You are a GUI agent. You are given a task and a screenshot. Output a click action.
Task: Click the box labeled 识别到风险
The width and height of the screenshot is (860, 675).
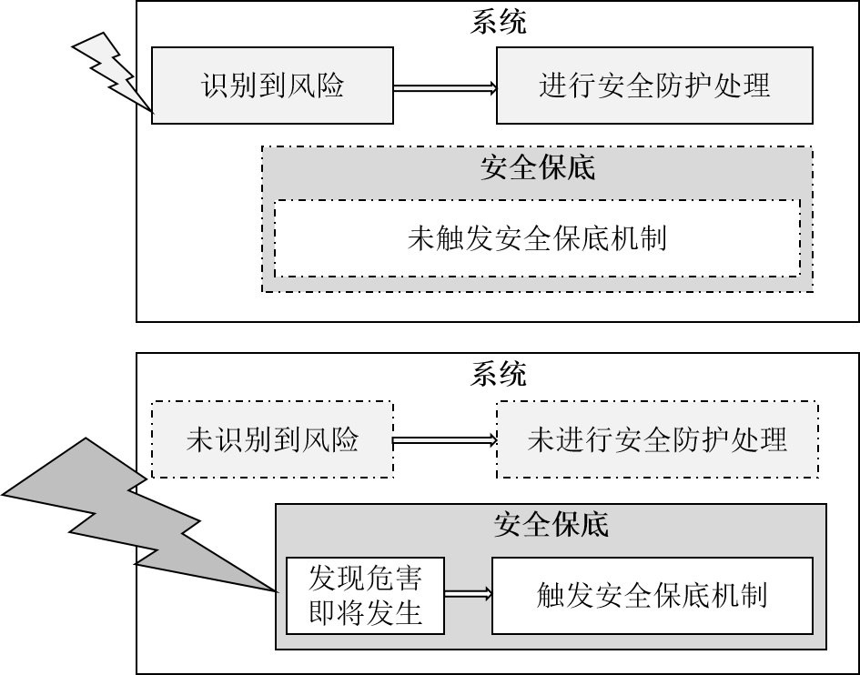(x=272, y=86)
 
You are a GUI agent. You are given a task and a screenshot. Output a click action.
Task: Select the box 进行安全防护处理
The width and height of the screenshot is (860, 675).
(x=653, y=86)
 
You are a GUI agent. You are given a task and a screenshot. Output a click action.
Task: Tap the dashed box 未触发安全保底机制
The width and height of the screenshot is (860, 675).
(x=537, y=238)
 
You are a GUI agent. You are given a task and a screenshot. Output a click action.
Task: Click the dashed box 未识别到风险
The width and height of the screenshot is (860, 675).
(x=272, y=440)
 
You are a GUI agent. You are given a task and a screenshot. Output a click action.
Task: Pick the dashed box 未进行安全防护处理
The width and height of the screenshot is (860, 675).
(x=656, y=440)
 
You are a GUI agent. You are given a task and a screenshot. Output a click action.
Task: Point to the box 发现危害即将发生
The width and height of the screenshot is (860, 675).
(x=365, y=596)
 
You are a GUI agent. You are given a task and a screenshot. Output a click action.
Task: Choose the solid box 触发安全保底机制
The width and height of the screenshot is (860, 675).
(x=652, y=596)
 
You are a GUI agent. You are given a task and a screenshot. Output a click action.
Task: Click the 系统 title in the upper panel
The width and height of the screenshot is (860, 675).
(x=498, y=22)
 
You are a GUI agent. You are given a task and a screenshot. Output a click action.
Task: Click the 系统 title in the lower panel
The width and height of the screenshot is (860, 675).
(x=498, y=374)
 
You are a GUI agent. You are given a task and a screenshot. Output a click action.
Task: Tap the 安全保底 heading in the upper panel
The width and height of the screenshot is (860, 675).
(x=537, y=167)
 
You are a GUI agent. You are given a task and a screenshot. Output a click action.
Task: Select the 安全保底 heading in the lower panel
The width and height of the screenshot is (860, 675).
(x=551, y=524)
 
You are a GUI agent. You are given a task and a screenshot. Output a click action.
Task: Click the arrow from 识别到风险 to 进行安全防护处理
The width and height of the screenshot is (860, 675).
(x=444, y=87)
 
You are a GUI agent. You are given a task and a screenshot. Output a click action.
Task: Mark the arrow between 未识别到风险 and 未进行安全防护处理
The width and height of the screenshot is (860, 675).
(x=444, y=440)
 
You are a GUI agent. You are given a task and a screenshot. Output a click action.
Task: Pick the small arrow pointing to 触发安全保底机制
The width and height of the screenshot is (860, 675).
(x=468, y=595)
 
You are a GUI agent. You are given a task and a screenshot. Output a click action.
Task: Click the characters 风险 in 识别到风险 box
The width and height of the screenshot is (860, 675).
(x=319, y=86)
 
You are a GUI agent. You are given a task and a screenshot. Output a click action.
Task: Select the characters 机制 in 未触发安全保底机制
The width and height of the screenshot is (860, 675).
(x=641, y=238)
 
